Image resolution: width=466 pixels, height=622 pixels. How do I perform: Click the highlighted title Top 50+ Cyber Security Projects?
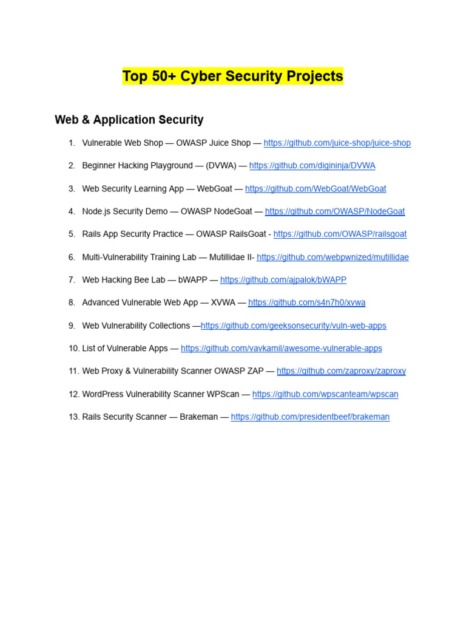[x=232, y=77]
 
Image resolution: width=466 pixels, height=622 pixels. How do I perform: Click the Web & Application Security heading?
[x=129, y=120]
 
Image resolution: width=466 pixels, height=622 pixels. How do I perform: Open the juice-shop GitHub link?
[x=337, y=143]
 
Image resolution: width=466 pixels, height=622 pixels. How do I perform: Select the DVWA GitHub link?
[x=312, y=166]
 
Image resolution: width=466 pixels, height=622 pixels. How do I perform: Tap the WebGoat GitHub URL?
[x=315, y=189]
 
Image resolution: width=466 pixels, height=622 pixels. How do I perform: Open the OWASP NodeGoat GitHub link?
[x=334, y=211]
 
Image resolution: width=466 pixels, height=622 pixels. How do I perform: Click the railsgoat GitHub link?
[x=340, y=234]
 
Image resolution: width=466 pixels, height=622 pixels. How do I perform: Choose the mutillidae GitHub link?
[x=333, y=258]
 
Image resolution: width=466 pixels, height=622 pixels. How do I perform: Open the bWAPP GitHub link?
[x=283, y=280]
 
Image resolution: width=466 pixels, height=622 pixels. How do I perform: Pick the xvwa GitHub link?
[x=306, y=302]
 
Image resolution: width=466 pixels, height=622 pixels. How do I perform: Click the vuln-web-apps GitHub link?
[x=293, y=326]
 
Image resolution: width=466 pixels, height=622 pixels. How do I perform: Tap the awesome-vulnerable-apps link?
[x=281, y=349]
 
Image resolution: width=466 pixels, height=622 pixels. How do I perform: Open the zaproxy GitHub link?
[x=341, y=371]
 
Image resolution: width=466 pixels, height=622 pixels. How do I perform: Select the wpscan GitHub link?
[x=325, y=394]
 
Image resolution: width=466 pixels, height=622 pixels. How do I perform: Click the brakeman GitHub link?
[x=310, y=417]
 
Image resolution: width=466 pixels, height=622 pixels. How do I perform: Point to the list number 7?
[x=72, y=280]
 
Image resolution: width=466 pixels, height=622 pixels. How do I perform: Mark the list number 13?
[x=74, y=417]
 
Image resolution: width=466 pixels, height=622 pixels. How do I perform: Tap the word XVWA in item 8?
[x=223, y=302]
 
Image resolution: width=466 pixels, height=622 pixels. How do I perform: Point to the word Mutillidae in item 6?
[x=230, y=258]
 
